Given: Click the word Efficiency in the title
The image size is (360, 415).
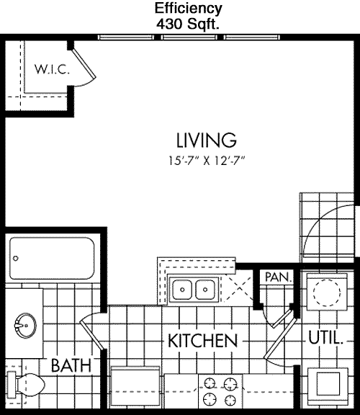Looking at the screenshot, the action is tap(188, 9).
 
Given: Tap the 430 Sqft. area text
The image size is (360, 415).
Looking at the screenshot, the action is tap(188, 24).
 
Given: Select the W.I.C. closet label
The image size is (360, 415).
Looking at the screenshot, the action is tap(52, 69).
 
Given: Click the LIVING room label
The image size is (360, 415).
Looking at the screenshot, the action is tap(207, 140).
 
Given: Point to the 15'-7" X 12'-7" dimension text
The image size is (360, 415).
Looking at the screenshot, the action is tap(207, 161).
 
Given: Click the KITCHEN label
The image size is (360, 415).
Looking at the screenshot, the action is tap(202, 341).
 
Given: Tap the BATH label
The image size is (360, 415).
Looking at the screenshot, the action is tap(71, 365).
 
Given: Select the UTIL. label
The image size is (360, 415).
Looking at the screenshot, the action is tap(325, 338).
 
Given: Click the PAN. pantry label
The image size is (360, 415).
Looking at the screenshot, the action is tap(278, 277).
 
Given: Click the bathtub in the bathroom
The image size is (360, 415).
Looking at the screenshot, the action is tap(52, 259).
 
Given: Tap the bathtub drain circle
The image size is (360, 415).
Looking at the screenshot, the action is tap(16, 259).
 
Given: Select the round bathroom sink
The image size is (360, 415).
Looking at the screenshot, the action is tap(25, 325).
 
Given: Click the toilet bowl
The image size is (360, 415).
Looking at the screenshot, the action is tap(30, 385).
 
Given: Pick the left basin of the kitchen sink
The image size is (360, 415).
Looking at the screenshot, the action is tap(182, 290).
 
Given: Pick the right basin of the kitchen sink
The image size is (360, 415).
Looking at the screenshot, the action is tap(205, 290).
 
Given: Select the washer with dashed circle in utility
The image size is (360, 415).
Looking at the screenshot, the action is tap(327, 292).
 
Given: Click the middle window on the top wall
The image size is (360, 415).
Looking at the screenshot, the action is tap(189, 37).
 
